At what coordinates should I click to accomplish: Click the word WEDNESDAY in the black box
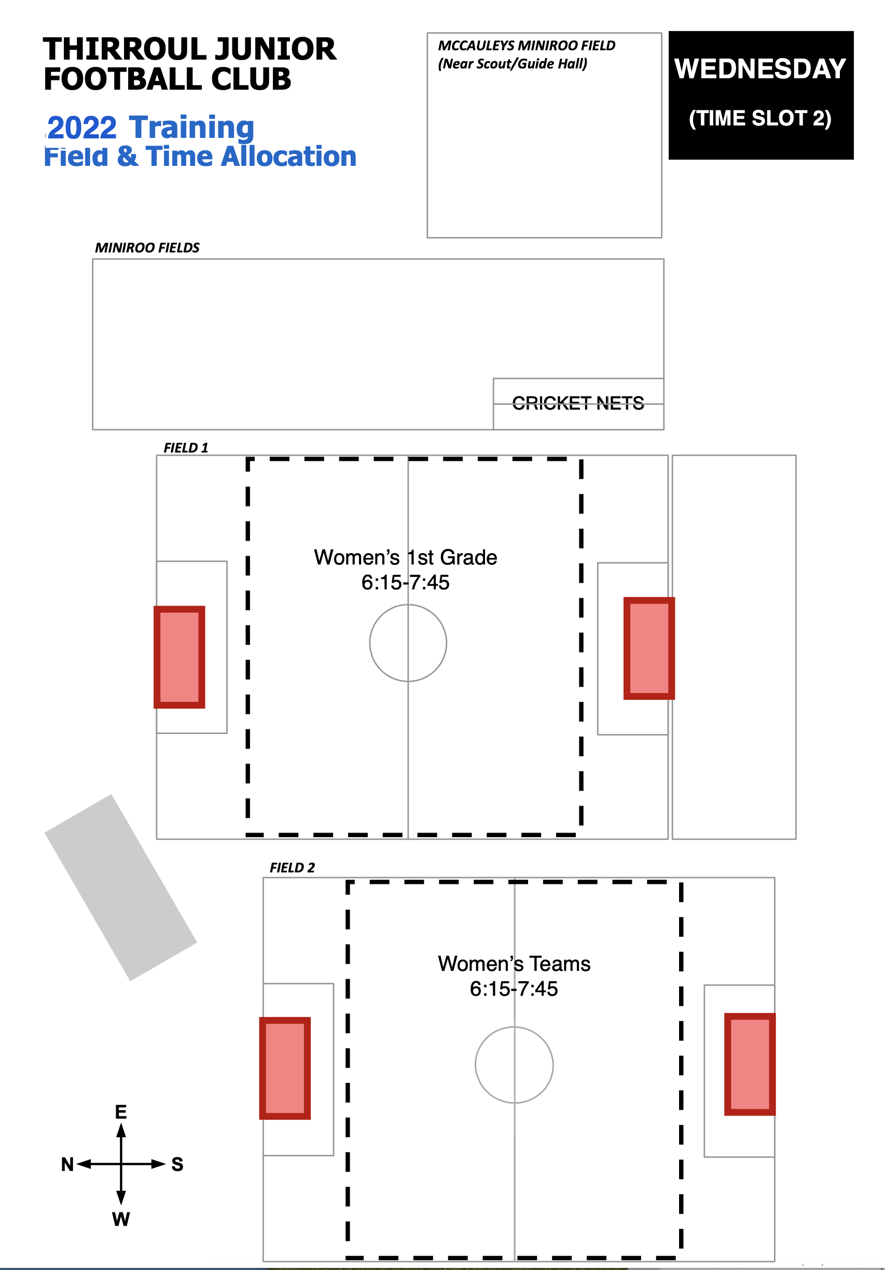(x=760, y=69)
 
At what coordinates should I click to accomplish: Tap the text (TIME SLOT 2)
(x=760, y=118)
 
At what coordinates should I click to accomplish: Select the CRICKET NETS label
(x=578, y=403)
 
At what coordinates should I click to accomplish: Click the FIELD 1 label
(x=186, y=447)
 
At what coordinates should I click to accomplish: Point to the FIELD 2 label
(x=292, y=867)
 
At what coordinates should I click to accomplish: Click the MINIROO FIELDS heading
(x=147, y=247)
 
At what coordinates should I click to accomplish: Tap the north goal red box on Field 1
(x=179, y=657)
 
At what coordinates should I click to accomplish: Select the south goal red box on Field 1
(x=648, y=648)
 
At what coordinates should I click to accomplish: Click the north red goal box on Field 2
(x=285, y=1068)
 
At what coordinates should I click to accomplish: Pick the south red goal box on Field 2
(x=750, y=1064)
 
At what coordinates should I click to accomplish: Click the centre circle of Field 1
(x=408, y=643)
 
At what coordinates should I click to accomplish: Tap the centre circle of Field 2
(x=514, y=1065)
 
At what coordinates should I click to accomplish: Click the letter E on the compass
(x=121, y=1112)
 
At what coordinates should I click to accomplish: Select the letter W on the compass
(x=121, y=1219)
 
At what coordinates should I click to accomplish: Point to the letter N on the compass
(x=67, y=1164)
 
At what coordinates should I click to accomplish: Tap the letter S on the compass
(x=177, y=1164)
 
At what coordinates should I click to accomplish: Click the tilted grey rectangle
(x=121, y=887)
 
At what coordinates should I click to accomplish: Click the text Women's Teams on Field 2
(x=514, y=964)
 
